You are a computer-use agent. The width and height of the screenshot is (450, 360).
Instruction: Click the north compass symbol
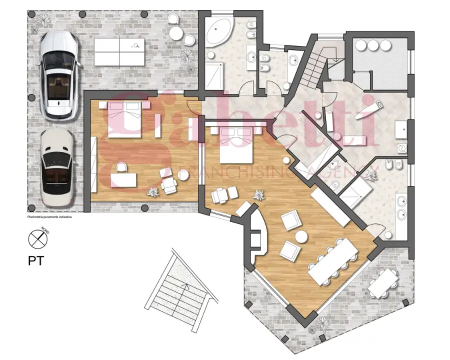pyautogui.click(x=37, y=238)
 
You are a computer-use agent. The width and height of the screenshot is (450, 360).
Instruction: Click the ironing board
pyautogui.click(x=368, y=110)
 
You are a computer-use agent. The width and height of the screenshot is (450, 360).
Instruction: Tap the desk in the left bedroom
pyautogui.click(x=124, y=178)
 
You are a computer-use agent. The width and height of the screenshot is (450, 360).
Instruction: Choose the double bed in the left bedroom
pyautogui.click(x=124, y=119)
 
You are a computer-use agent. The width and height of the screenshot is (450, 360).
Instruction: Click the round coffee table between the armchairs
pyautogui.click(x=301, y=236)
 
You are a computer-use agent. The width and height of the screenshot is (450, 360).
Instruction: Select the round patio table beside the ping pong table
pyautogui.click(x=176, y=33)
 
